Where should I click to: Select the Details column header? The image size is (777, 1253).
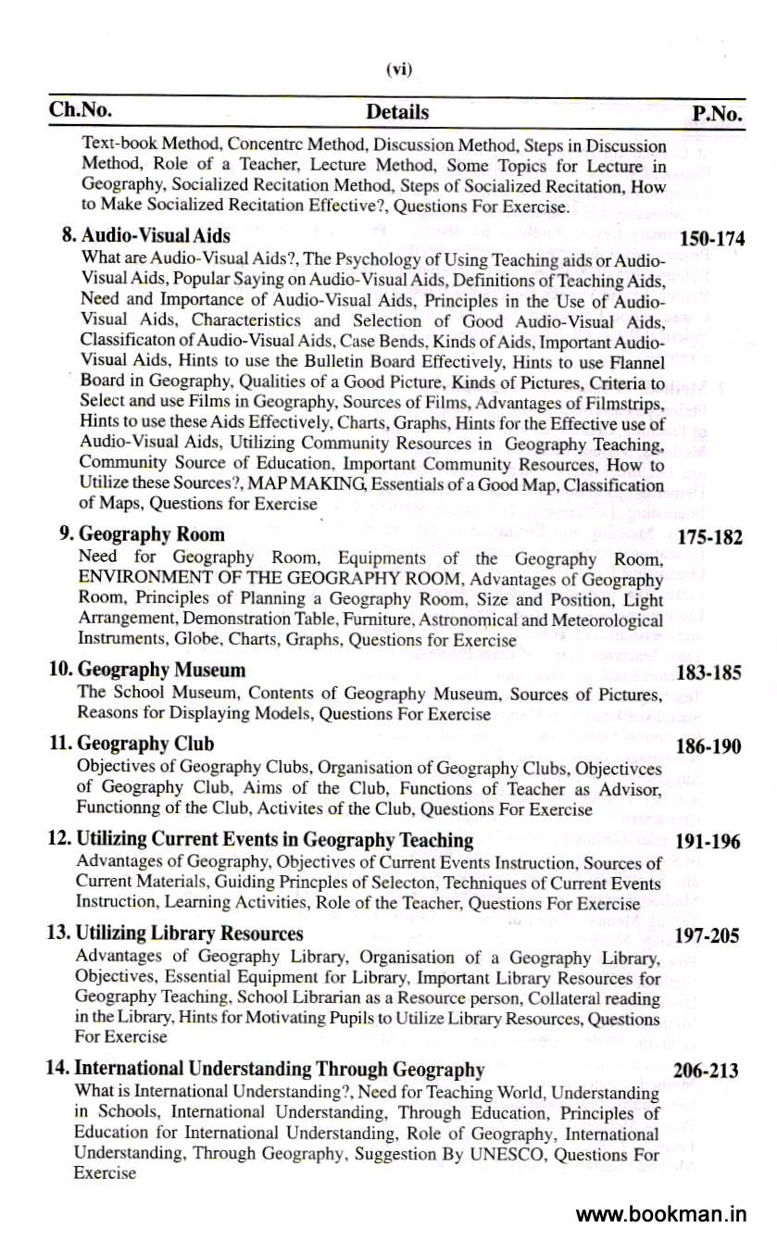click(397, 112)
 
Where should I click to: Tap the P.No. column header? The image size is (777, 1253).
click(717, 114)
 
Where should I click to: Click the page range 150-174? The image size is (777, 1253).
click(712, 240)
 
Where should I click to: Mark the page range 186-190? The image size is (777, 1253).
click(708, 746)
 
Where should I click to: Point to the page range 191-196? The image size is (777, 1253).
click(708, 843)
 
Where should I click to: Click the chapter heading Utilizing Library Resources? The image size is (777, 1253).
click(175, 933)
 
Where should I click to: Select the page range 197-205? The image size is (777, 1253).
click(708, 936)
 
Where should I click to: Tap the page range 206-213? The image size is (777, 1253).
click(706, 1071)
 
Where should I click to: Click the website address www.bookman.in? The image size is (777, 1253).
click(660, 1214)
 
